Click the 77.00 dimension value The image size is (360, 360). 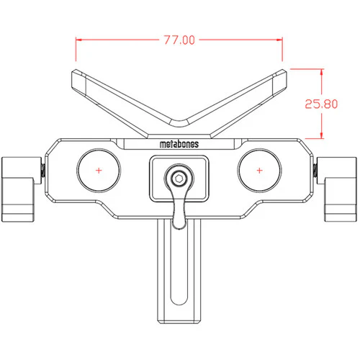[179, 40]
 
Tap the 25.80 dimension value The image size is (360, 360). [321, 104]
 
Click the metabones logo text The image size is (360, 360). [179, 144]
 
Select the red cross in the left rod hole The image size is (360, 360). [99, 171]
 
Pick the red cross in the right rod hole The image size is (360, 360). [259, 171]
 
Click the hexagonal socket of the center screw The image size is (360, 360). [179, 179]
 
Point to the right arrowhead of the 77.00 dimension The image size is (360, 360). [279, 40]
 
